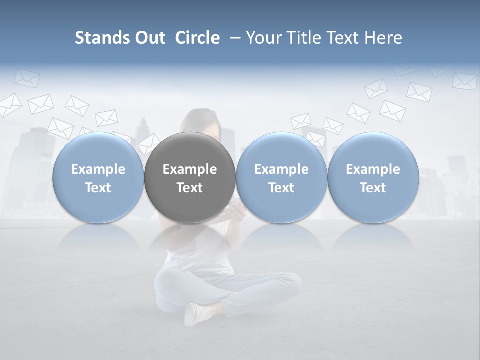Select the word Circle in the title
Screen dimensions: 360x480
point(197,38)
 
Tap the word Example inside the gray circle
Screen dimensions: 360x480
point(190,169)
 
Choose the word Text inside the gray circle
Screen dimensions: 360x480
point(190,188)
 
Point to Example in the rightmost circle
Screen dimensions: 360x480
point(373,169)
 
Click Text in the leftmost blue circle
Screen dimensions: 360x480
point(98,188)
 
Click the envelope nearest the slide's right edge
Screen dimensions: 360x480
point(464,81)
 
